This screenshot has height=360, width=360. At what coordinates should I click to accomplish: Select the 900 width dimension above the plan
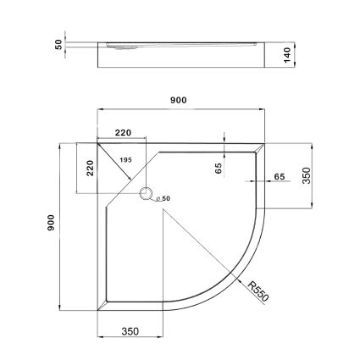coord(178,99)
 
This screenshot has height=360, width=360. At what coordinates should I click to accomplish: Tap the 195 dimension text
coord(126,160)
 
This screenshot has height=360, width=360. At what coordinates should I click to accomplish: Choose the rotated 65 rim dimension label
coord(218,168)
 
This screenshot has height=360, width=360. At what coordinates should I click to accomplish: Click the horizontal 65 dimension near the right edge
coord(279,176)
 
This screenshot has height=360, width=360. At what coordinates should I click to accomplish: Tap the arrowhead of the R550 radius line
coord(240,280)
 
